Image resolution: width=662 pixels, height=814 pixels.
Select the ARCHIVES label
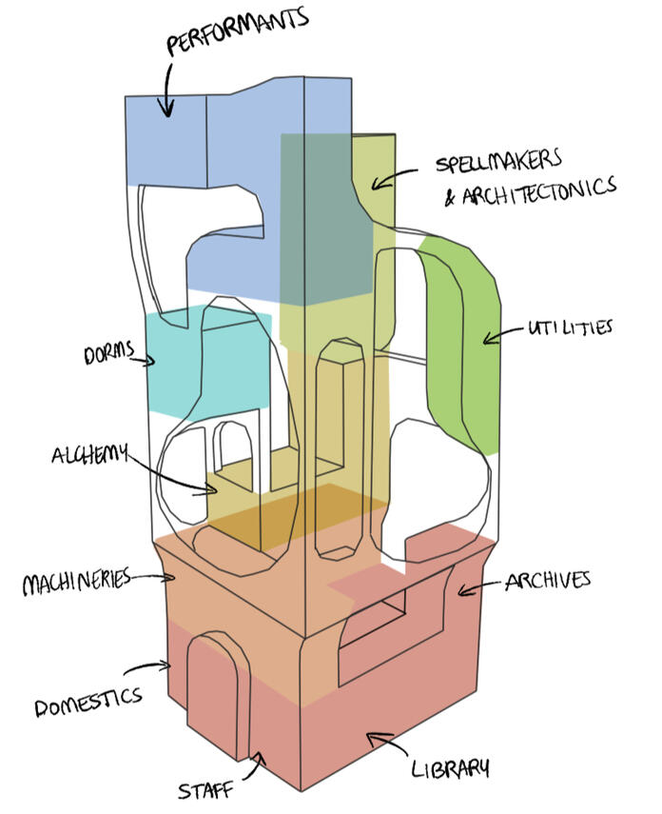click(548, 579)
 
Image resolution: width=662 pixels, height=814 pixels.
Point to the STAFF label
click(208, 788)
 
